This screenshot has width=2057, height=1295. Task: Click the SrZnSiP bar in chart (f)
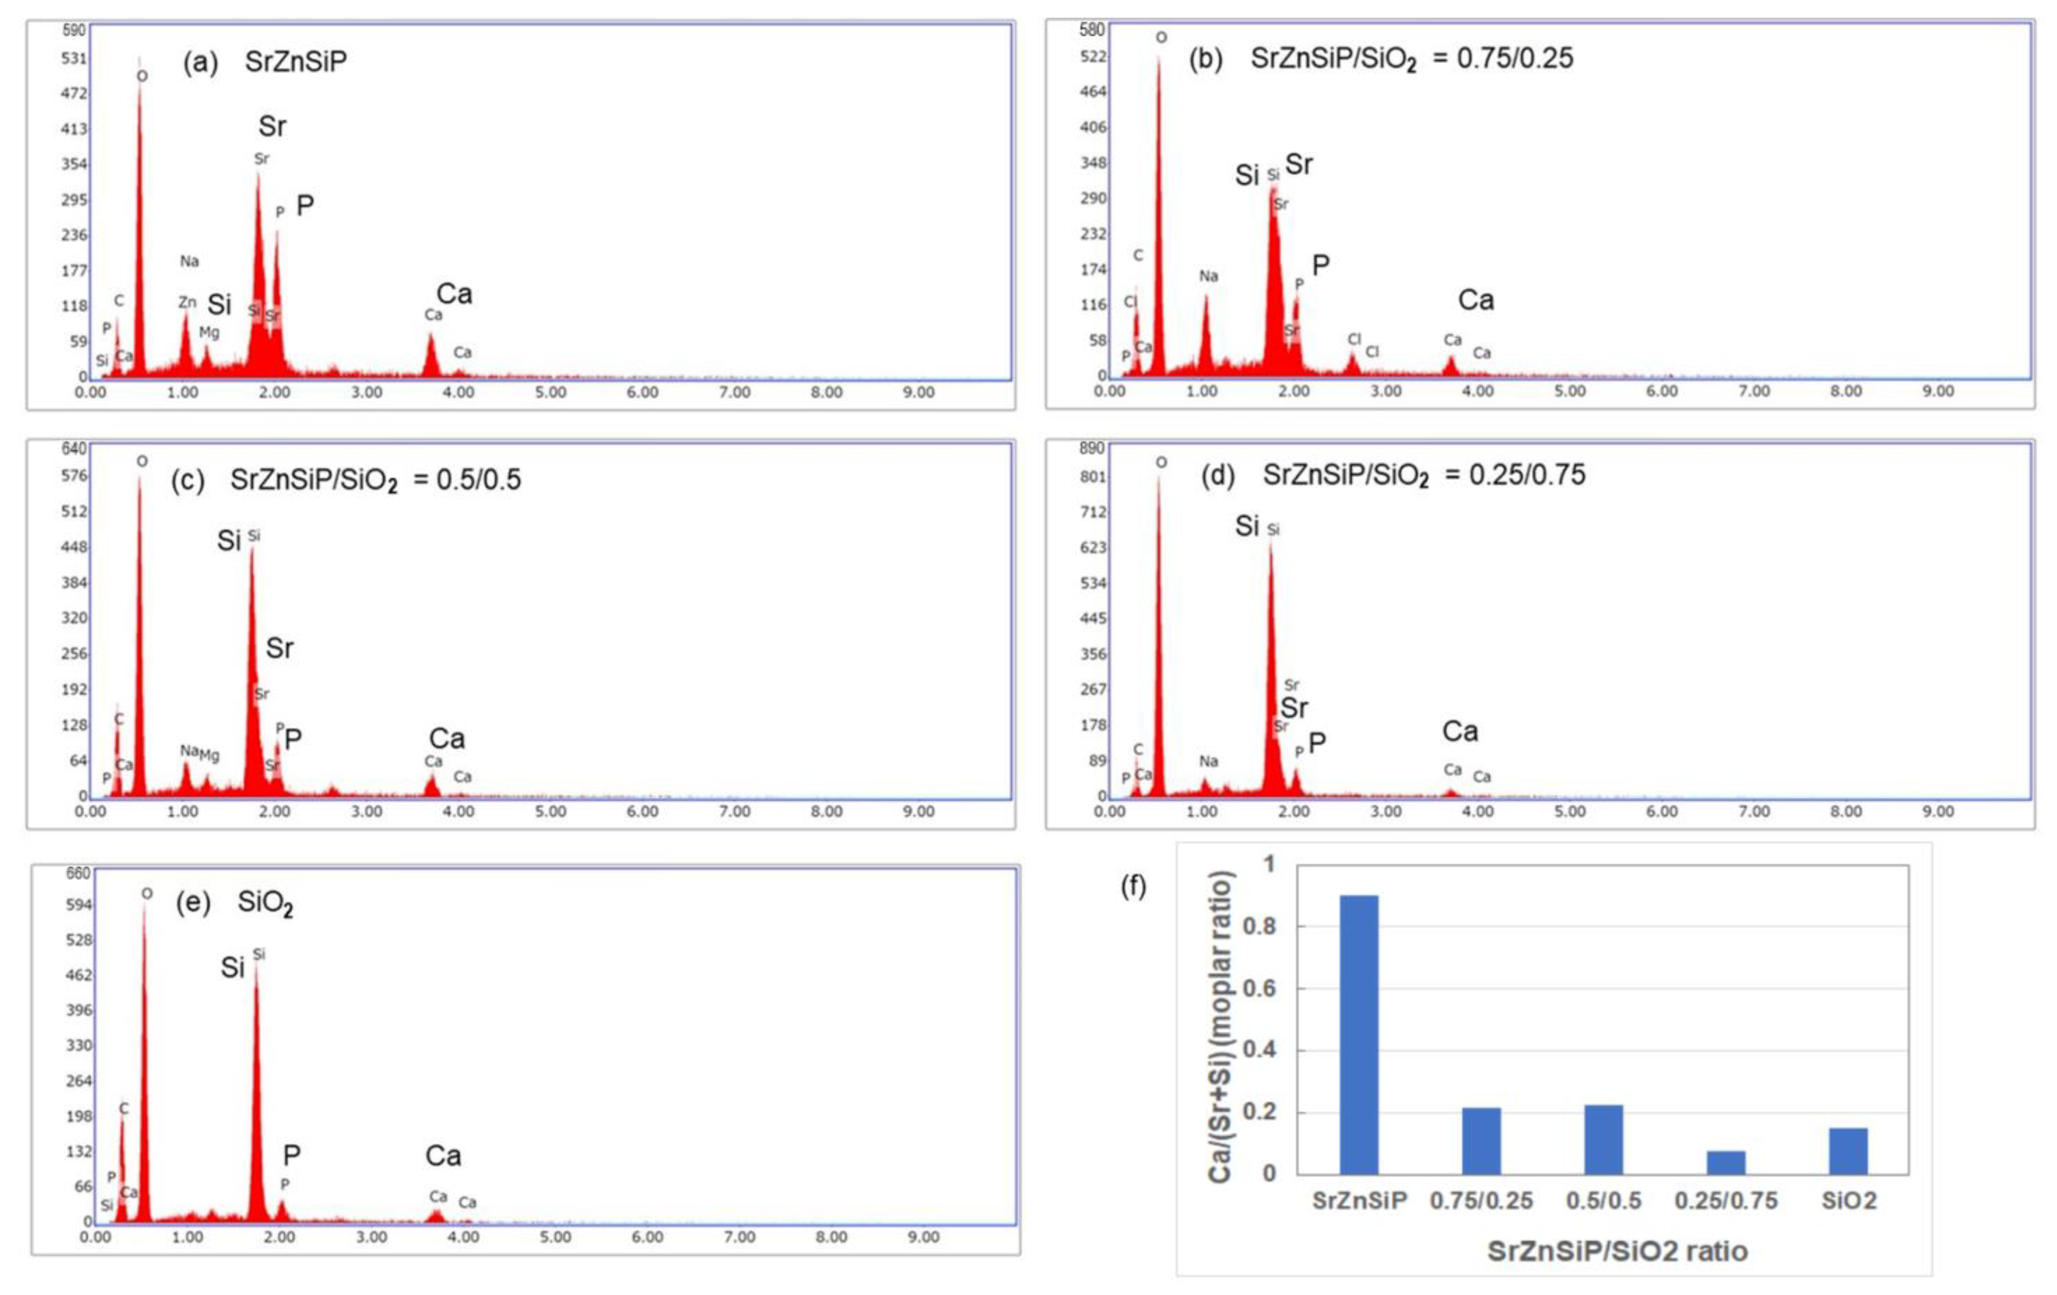click(x=1358, y=1035)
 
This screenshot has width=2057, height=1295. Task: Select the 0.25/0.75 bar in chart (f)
click(x=1726, y=1163)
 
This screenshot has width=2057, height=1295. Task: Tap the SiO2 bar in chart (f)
click(x=1848, y=1151)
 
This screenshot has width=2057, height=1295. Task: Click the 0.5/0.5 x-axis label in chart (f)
click(x=1603, y=1201)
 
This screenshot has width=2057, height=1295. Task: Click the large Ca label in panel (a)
click(x=454, y=294)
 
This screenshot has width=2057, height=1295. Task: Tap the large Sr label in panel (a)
click(x=273, y=126)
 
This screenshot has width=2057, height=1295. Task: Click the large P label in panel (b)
click(x=1321, y=266)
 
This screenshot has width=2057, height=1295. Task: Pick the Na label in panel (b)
click(x=1208, y=276)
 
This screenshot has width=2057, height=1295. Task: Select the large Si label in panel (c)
click(x=229, y=541)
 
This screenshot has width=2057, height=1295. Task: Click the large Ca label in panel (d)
click(x=1460, y=731)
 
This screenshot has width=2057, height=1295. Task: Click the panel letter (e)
click(x=193, y=903)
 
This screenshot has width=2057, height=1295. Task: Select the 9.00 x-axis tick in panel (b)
click(x=1937, y=391)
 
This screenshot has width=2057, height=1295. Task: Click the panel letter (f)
click(x=1134, y=887)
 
